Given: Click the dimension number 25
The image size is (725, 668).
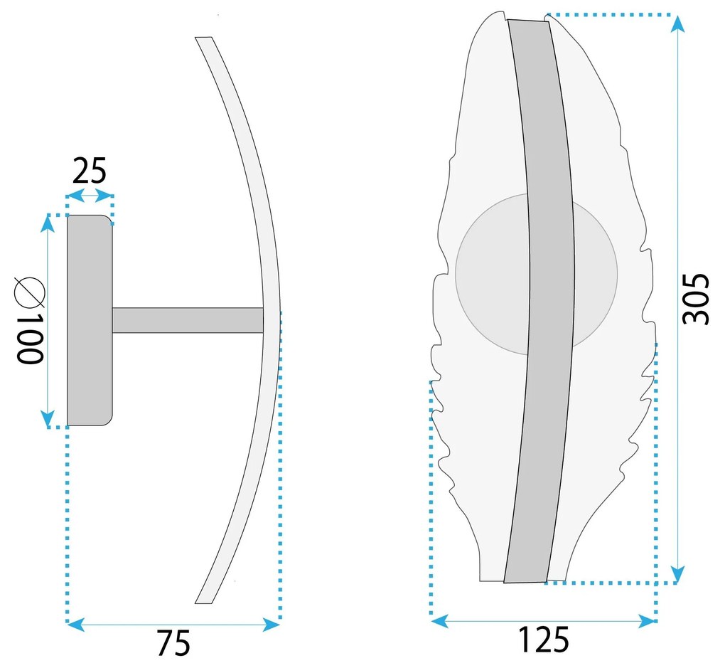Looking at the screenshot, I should click(89, 171).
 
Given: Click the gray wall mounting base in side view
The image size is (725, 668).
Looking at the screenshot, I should click(89, 320).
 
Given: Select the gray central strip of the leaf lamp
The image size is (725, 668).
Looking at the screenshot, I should click(540, 299).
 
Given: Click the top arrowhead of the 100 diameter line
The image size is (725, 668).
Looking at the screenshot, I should click(48, 225).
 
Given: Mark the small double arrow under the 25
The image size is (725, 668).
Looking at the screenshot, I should click(89, 195).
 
